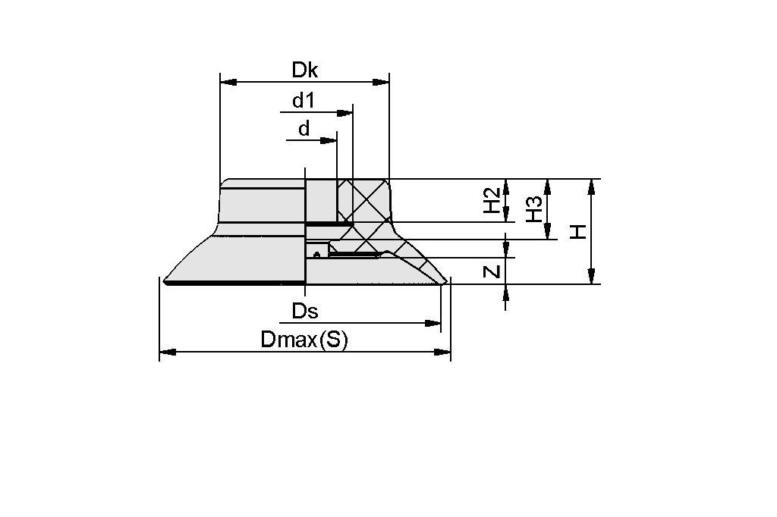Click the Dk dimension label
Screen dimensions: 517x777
click(x=305, y=70)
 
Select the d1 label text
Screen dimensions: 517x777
click(x=304, y=100)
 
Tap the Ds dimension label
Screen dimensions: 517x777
click(x=305, y=311)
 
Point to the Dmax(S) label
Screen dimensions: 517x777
click(x=304, y=340)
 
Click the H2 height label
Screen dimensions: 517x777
click(x=493, y=201)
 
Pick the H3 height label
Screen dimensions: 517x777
click(x=534, y=209)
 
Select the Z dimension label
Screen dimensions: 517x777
click(x=493, y=271)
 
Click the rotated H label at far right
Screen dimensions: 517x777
click(x=579, y=232)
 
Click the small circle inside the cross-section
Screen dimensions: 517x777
click(x=316, y=255)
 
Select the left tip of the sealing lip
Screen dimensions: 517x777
click(x=165, y=281)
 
